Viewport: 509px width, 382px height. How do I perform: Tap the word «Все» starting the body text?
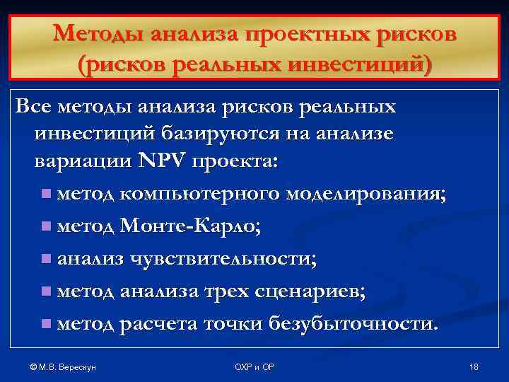click(x=33, y=108)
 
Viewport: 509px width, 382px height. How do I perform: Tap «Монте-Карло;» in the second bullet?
click(x=190, y=226)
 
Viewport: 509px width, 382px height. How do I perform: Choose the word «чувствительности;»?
click(x=219, y=259)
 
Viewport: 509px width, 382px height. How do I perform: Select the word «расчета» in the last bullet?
click(x=158, y=323)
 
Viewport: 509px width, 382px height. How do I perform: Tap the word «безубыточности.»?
click(x=354, y=323)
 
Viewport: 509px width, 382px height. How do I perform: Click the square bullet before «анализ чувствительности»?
click(x=47, y=260)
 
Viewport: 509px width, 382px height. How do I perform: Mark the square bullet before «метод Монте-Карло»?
click(x=47, y=227)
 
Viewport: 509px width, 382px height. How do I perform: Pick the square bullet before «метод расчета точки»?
click(x=47, y=324)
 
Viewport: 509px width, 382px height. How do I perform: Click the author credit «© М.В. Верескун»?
click(x=59, y=366)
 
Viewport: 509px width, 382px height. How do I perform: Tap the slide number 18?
click(x=474, y=366)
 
